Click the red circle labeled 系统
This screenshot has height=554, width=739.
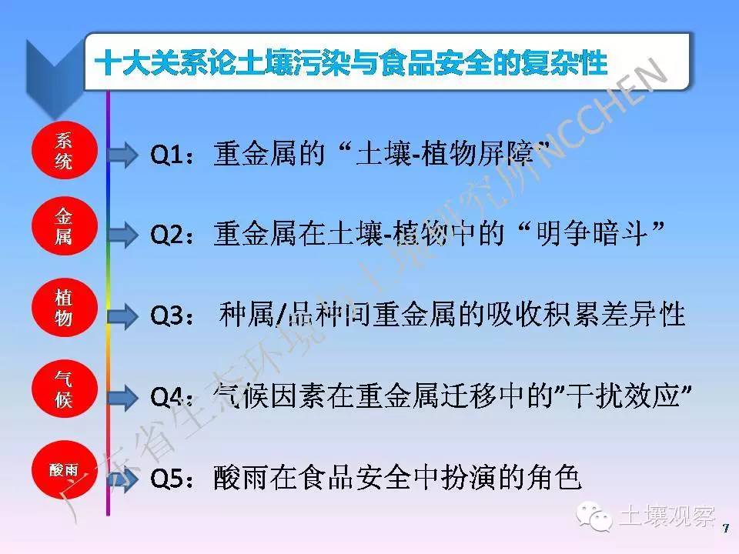coord(65,151)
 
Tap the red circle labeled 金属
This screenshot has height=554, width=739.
coord(65,226)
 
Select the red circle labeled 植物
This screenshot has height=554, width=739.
coord(65,308)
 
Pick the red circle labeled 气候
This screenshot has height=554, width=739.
coord(65,389)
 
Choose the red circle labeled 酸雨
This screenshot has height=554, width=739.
coord(65,469)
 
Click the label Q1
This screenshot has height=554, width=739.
coord(166,155)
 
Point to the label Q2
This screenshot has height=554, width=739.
coord(167,234)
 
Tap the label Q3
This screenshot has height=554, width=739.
coord(167,315)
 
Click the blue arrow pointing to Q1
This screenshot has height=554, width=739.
coord(122,155)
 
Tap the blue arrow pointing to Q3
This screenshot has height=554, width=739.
coord(122,315)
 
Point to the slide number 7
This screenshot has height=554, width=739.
coord(726,528)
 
